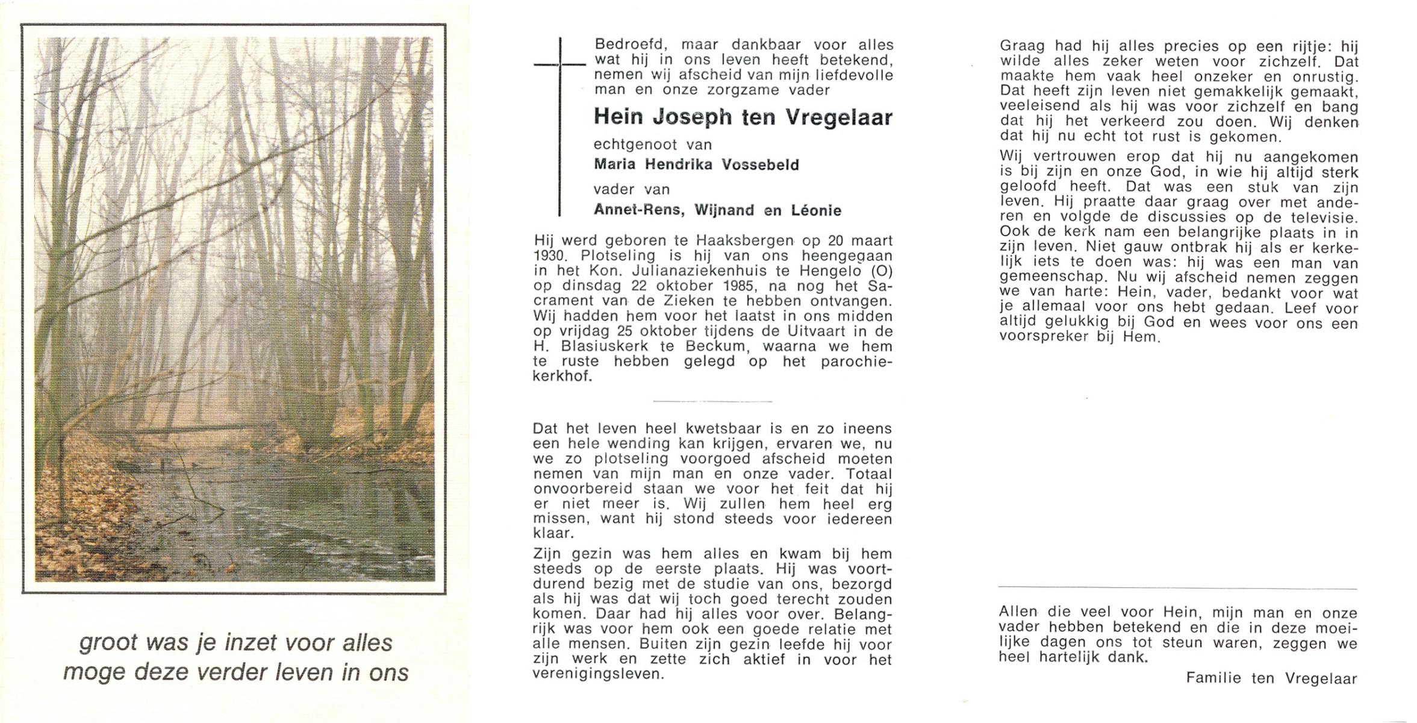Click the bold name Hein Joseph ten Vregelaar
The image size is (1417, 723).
(743, 117)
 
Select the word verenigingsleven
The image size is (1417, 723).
(597, 674)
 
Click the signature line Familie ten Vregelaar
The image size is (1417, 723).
(1271, 678)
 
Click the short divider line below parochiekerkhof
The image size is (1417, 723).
(712, 401)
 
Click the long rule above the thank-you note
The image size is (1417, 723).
(1177, 588)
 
